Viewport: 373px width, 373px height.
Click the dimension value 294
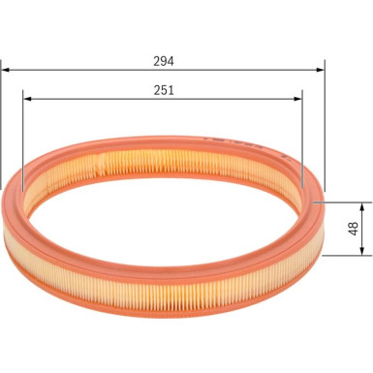point(164,59)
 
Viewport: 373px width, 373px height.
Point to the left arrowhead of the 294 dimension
point(6,70)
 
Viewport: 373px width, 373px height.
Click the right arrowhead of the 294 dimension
point(320,70)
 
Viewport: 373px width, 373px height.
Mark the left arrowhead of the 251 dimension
point(26,98)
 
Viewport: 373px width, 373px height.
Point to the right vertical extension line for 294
point(325,126)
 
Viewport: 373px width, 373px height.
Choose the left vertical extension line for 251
point(21,136)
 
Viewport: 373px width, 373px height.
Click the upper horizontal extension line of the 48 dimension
point(344,203)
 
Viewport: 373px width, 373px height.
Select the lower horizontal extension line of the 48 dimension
point(344,256)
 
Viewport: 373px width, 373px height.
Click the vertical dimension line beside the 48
point(365,230)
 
